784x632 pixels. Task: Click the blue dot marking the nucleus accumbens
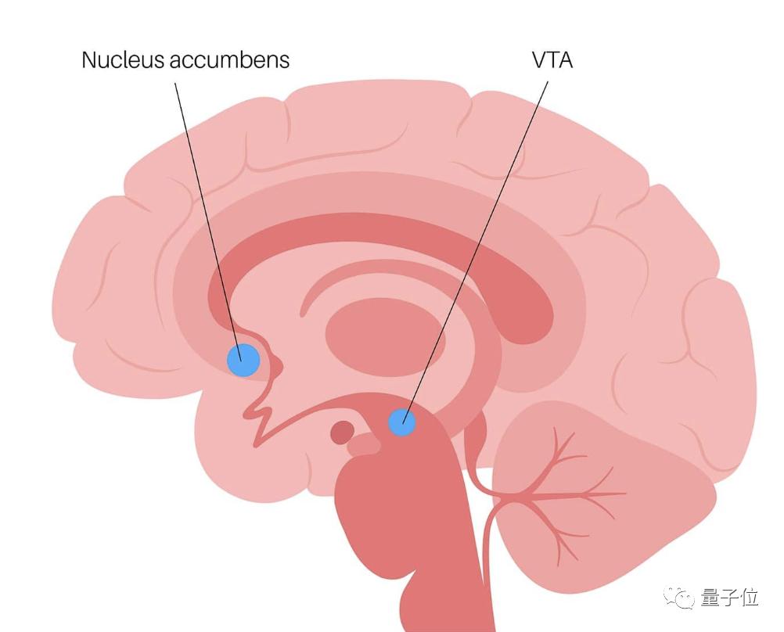click(243, 359)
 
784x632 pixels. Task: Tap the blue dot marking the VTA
click(402, 422)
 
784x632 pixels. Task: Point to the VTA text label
click(552, 59)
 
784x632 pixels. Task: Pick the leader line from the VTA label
click(477, 242)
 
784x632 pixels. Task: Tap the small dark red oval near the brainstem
click(342, 432)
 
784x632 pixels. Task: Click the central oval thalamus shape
click(384, 337)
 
